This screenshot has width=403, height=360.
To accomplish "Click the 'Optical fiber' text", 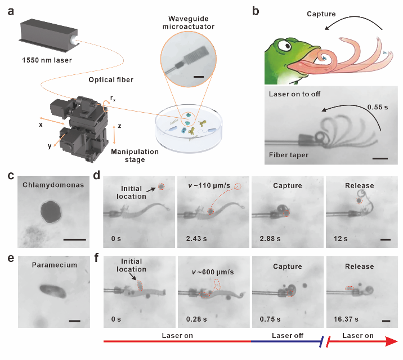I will (x=111, y=80).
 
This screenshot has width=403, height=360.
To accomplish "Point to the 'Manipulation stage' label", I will (x=135, y=155).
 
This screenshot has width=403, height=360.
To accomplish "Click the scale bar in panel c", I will (x=75, y=239).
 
